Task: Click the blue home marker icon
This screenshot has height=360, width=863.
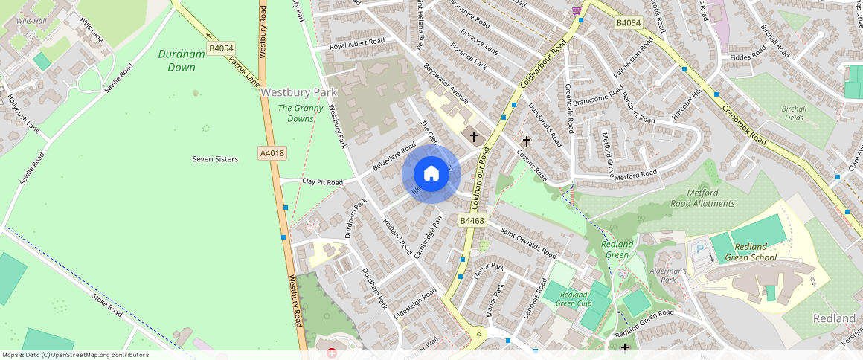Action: (x=431, y=175)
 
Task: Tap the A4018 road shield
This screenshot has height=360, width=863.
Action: (x=272, y=153)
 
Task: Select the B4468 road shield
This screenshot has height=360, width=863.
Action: (x=472, y=221)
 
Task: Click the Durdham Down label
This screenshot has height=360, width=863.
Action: (x=177, y=61)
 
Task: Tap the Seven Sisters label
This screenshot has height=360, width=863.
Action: (x=215, y=159)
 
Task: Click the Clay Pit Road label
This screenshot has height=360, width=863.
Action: (x=322, y=182)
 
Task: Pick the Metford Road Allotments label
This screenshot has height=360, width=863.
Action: (x=702, y=198)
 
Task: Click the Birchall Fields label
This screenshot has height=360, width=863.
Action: (x=794, y=113)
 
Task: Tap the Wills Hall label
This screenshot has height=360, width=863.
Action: (x=31, y=21)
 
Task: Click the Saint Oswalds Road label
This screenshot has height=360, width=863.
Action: (x=527, y=242)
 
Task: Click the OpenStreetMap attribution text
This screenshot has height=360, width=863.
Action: (x=74, y=355)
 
